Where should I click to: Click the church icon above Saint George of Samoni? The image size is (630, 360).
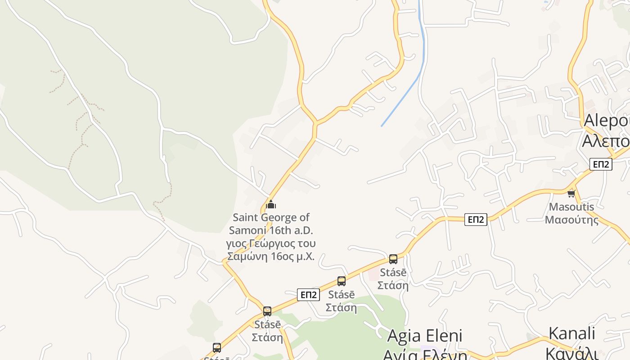click(270, 205)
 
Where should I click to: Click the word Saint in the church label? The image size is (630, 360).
click(246, 218)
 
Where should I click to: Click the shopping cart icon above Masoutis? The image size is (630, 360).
click(571, 194)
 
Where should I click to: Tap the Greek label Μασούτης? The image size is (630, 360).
click(571, 220)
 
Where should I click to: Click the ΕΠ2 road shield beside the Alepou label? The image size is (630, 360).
click(601, 164)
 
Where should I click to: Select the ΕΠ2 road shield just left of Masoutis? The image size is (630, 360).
click(476, 220)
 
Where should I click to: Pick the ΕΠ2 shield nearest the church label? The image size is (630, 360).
click(308, 295)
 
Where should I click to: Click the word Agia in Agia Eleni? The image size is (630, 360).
click(404, 336)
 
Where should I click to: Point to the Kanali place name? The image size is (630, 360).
click(571, 333)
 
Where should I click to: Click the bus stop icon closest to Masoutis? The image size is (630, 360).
click(393, 259)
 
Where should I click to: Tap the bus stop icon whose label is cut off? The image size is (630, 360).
click(217, 348)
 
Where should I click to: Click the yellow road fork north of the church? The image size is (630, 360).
click(315, 122)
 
